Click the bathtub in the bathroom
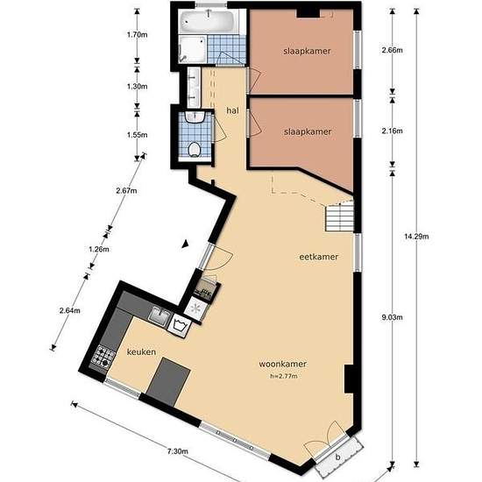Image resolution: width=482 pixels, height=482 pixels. tap(209, 22)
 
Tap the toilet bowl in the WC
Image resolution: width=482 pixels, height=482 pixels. tap(194, 150)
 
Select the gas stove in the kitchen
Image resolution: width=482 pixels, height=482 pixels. tap(103, 357)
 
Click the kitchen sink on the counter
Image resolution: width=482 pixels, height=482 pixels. tap(159, 316)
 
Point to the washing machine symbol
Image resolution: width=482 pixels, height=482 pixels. tap(179, 325)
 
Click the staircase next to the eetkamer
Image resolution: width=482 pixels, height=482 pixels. tap(340, 216)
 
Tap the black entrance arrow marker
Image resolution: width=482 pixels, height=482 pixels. tap(185, 244)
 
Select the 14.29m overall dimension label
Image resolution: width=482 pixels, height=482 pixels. tap(416, 237)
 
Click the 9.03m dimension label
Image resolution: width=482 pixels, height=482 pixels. tap(392, 317)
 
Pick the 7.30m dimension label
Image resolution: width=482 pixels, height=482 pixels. tap(178, 451)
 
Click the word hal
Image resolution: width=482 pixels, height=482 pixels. tap(232, 110)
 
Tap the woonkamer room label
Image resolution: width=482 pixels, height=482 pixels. tap(283, 364)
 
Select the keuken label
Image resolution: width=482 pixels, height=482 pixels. tap(141, 351)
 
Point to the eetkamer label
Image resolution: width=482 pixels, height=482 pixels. tap(318, 257)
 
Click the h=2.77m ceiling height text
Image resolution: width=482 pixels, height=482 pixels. tap(284, 376)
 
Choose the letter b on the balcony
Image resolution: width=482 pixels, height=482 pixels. tap(337, 457)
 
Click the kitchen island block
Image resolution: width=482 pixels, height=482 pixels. tap(168, 381)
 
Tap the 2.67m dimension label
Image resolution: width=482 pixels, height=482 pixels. tap(126, 190)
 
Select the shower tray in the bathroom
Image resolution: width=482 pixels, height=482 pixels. tap(193, 49)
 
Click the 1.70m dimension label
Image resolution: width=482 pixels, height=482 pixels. tap(137, 34)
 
